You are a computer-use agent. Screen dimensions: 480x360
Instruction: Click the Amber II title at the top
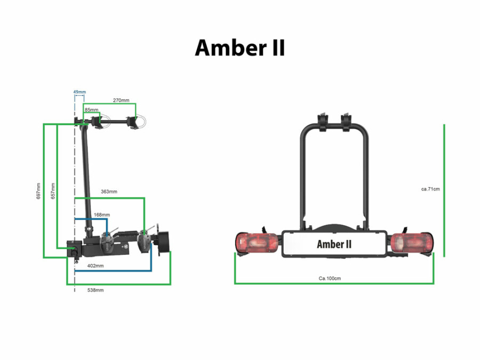(239, 48)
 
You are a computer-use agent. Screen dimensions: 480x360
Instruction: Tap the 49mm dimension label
(79, 92)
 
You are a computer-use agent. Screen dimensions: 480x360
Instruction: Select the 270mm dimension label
(121, 100)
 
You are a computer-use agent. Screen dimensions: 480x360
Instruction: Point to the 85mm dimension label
(92, 109)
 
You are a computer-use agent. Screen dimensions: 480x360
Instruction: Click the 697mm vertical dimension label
(38, 191)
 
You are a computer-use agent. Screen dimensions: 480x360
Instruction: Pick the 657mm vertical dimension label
(53, 191)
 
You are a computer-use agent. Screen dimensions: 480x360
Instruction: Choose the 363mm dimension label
(109, 191)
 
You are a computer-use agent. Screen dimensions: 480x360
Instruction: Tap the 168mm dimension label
(102, 215)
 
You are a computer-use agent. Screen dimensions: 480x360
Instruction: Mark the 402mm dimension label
(95, 266)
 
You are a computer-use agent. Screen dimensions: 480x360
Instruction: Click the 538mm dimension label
(95, 290)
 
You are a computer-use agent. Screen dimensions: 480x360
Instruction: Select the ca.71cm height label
(430, 189)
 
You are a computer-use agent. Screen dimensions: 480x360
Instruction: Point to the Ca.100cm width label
(330, 278)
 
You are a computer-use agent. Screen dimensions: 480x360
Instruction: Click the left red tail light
(257, 243)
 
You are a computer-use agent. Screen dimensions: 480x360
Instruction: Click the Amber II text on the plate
(334, 244)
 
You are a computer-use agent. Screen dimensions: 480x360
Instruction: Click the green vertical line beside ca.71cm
(444, 190)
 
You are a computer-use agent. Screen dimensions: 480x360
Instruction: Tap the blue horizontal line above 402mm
(113, 271)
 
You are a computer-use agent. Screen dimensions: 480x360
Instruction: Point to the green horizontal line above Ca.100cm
(334, 284)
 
